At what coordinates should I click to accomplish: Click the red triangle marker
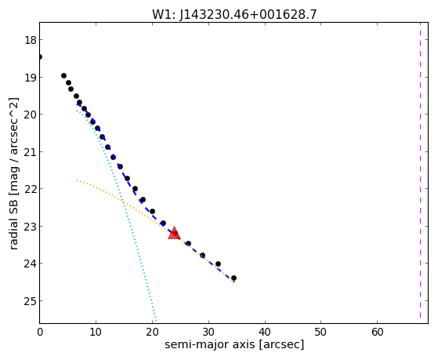point(174,234)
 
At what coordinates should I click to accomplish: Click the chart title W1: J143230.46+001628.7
point(234,15)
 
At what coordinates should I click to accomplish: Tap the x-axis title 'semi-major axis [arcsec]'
point(234,344)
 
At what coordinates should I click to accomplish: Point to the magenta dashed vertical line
point(420,170)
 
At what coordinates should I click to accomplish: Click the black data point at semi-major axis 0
point(40,57)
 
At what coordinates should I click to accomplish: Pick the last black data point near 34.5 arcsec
point(233,278)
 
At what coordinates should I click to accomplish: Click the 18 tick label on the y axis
point(31,40)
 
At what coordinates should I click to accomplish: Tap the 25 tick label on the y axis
point(31,301)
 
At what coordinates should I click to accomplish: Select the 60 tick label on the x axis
point(378,332)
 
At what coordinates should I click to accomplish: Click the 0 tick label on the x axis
point(40,332)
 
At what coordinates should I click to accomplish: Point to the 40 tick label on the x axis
point(265,332)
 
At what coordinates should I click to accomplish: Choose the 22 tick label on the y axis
point(31,189)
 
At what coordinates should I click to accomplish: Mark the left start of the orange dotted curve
point(77,180)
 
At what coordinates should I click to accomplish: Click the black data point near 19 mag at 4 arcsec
point(63,75)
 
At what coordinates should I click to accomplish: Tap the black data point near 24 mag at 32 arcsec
point(218,264)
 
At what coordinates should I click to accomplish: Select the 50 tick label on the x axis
point(321,332)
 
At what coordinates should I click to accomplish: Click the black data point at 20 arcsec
point(152,211)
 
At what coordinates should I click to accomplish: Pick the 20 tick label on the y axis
point(31,115)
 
